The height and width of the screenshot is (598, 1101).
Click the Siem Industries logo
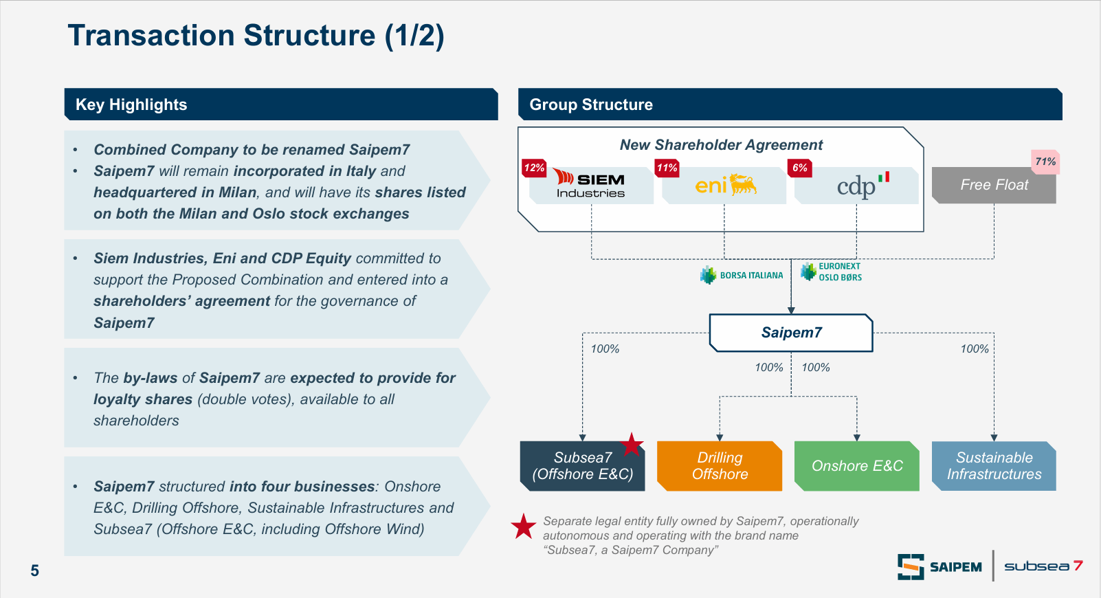590,184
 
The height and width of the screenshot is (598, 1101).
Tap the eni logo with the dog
725,184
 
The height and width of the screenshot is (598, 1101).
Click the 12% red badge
534,168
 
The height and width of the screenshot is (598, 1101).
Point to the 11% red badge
667,168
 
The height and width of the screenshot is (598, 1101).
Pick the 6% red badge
800,168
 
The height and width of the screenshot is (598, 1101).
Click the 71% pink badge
1045,162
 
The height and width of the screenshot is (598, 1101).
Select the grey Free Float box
994,185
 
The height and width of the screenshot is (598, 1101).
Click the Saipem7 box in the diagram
791,333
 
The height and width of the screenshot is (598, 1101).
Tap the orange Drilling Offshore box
720,466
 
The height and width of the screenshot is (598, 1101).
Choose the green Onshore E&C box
857,466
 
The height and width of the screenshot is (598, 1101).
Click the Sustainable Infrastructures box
994,466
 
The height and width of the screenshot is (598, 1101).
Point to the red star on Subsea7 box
632,445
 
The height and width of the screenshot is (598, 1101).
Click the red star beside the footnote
524,527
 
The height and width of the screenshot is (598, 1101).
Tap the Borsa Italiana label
742,275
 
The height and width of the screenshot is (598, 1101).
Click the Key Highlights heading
131,104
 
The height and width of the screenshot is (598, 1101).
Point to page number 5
34,571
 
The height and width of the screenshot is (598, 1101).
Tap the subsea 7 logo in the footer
1043,566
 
